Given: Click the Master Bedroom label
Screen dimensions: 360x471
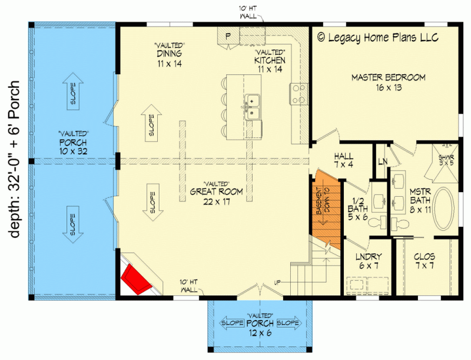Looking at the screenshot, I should [x=388, y=82].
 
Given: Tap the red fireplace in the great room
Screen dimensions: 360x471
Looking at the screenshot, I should [x=135, y=279].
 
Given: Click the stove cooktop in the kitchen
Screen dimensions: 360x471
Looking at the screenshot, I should [x=298, y=93].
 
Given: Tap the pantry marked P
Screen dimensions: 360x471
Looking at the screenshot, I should [x=227, y=37].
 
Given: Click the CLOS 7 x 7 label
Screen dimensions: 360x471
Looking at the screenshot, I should [x=424, y=261].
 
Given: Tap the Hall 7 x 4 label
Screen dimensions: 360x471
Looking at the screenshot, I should [x=343, y=161].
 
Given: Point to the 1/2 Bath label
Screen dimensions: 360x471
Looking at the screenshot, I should [x=357, y=207].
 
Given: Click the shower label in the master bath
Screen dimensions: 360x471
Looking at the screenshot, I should [x=447, y=161].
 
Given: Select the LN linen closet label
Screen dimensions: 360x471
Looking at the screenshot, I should [x=382, y=160].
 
